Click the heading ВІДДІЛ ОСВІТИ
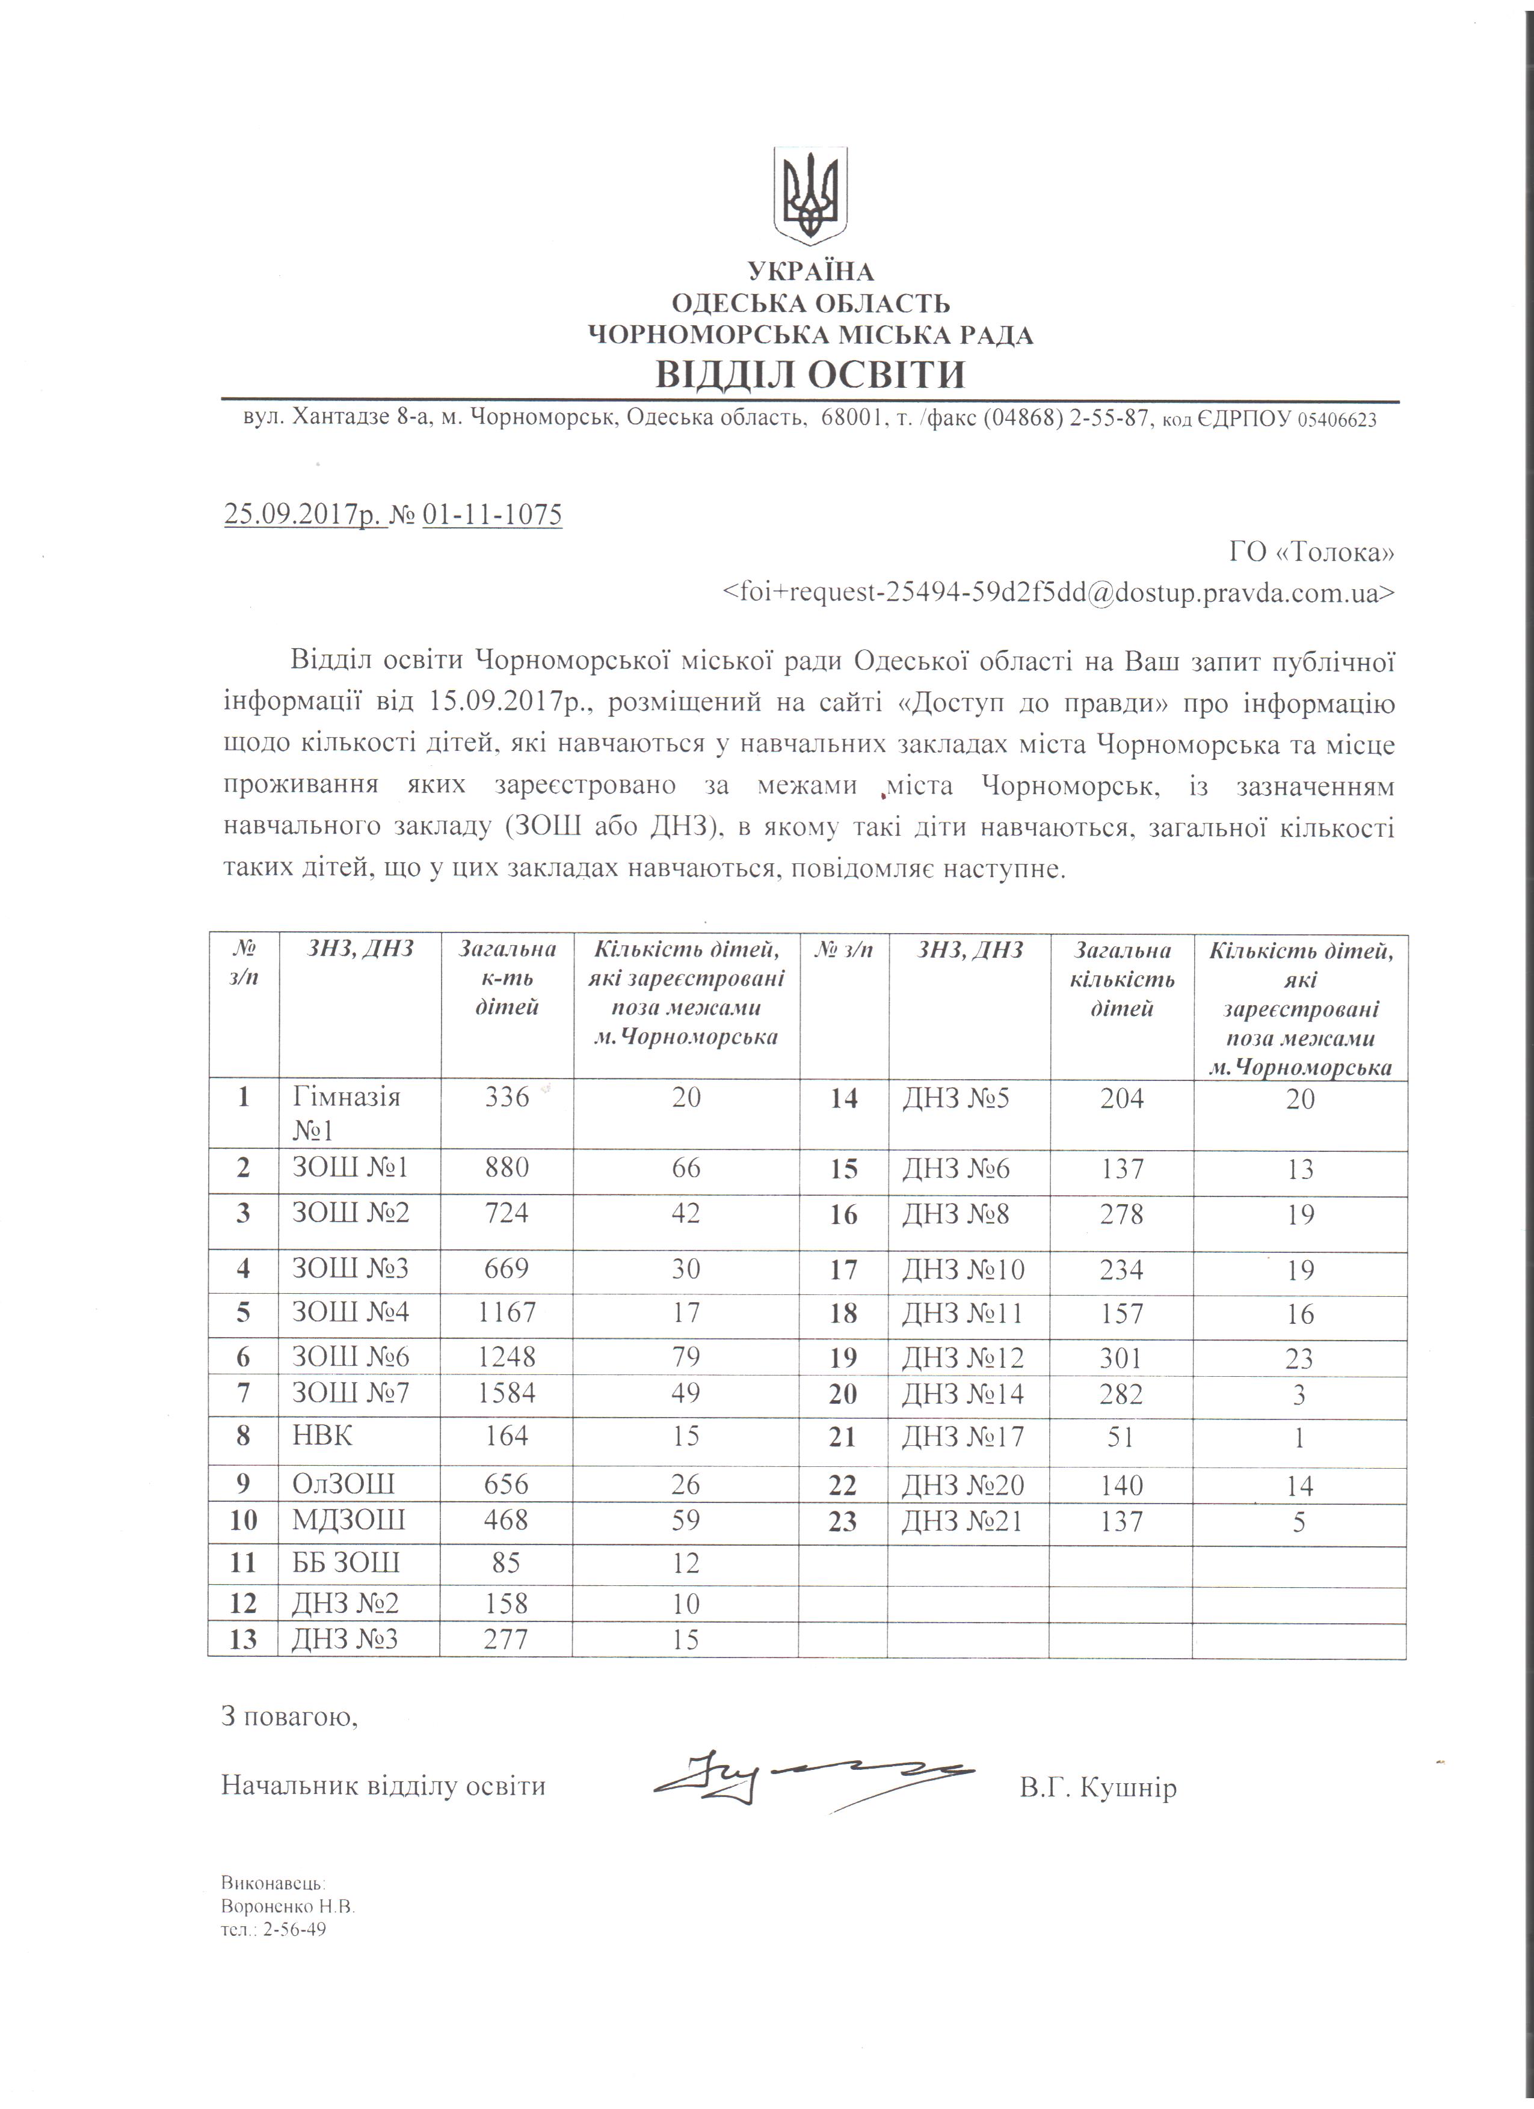pyautogui.click(x=809, y=374)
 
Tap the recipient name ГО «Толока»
pyautogui.click(x=1311, y=553)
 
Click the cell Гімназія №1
pyautogui.click(x=346, y=1113)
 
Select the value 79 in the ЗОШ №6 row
pyautogui.click(x=686, y=1357)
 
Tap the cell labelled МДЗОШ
pyautogui.click(x=349, y=1520)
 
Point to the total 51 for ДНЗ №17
pyautogui.click(x=1121, y=1437)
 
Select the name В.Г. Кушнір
pyautogui.click(x=1098, y=1787)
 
